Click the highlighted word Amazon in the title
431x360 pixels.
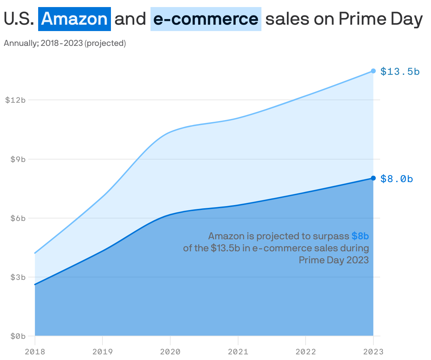(75, 19)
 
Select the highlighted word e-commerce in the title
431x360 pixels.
(206, 19)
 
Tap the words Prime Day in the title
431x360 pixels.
(380, 19)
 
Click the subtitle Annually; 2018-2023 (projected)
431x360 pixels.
(65, 43)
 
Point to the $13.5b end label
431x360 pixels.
(400, 72)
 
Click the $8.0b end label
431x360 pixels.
(396, 179)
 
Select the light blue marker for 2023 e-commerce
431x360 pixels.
(373, 71)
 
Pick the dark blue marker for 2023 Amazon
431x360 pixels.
(373, 178)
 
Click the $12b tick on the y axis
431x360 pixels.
(16, 100)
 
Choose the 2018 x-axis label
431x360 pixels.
(35, 352)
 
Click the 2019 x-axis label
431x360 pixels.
(102, 352)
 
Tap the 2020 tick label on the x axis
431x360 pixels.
(170, 352)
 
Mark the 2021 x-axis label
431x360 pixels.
(238, 352)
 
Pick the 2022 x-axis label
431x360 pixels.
(306, 352)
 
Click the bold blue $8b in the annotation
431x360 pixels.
(360, 236)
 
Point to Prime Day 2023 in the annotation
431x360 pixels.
(333, 260)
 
